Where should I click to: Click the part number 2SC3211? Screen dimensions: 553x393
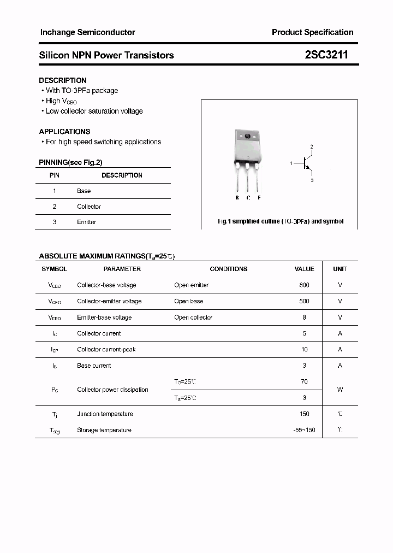(x=326, y=55)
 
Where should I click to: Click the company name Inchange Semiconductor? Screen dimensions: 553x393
(x=87, y=32)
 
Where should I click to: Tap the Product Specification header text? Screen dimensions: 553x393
(x=312, y=32)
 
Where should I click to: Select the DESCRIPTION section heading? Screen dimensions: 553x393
(x=63, y=80)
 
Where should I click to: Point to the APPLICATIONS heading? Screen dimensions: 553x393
(x=64, y=132)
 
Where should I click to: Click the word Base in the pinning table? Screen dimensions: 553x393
(x=84, y=191)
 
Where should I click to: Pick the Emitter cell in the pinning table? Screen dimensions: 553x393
(x=87, y=222)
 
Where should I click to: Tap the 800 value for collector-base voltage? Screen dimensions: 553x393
(x=304, y=285)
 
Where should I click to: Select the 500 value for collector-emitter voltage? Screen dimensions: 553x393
(x=304, y=301)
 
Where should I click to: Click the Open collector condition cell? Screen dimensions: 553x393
(x=193, y=317)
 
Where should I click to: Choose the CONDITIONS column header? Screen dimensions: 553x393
(x=228, y=269)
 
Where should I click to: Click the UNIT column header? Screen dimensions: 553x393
(x=340, y=269)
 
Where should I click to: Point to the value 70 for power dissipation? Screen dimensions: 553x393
(x=304, y=382)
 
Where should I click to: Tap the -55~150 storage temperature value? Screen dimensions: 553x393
(x=304, y=430)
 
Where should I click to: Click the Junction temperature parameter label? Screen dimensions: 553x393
(x=105, y=414)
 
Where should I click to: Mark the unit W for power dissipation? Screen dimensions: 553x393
(x=340, y=390)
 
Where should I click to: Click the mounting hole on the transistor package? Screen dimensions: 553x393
(x=247, y=136)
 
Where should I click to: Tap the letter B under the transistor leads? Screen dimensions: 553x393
(x=237, y=197)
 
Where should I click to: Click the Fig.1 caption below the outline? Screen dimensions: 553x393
(x=280, y=222)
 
